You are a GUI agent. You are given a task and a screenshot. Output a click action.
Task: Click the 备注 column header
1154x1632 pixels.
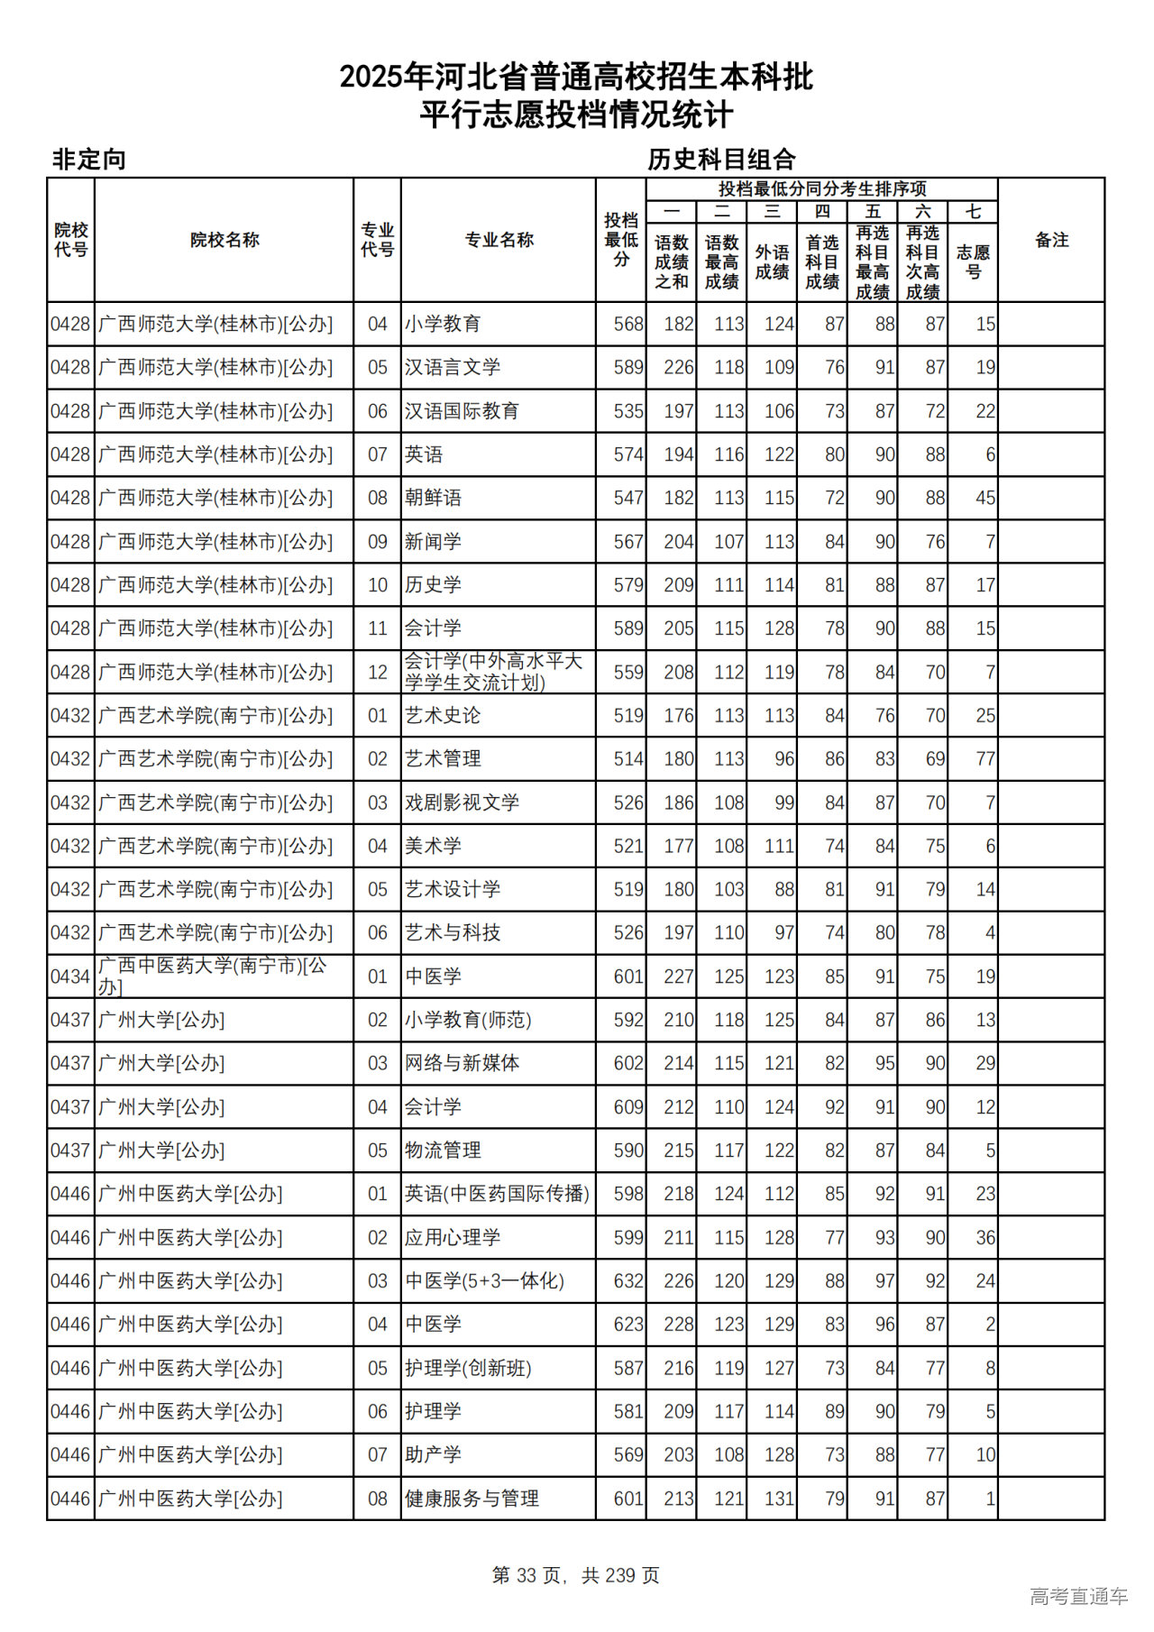1051,240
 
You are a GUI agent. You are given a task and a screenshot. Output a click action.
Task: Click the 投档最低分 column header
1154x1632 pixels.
621,240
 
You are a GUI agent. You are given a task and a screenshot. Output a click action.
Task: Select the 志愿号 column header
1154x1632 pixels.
973,261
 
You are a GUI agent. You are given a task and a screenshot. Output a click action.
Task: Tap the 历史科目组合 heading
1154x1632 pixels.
721,160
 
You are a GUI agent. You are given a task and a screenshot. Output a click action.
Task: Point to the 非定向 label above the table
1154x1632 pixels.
88,160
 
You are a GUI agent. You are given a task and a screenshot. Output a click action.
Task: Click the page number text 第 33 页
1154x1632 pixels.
528,1575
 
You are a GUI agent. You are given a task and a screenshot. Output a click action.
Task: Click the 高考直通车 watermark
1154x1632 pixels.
1078,1596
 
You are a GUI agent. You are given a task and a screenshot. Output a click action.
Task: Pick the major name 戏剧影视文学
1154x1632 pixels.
462,802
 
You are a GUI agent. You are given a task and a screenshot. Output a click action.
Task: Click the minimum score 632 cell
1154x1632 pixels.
627,1280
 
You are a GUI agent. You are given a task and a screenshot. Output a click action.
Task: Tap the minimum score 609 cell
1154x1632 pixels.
627,1106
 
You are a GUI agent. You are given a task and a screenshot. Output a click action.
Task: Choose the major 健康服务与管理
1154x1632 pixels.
472,1499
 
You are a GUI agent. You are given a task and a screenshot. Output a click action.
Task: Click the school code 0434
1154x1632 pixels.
70,976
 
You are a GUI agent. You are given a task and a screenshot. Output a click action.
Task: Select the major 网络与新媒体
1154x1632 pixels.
462,1063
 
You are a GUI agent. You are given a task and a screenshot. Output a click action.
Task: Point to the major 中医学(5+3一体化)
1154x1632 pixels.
484,1280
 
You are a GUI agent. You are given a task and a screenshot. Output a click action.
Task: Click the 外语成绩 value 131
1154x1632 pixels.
779,1499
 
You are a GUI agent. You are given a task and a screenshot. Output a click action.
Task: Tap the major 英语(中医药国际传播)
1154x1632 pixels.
497,1194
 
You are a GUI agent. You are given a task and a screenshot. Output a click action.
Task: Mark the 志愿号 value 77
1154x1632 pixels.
985,759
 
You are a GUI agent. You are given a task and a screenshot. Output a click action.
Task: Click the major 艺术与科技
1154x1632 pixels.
453,932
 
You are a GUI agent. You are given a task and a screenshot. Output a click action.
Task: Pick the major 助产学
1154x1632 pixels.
433,1454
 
